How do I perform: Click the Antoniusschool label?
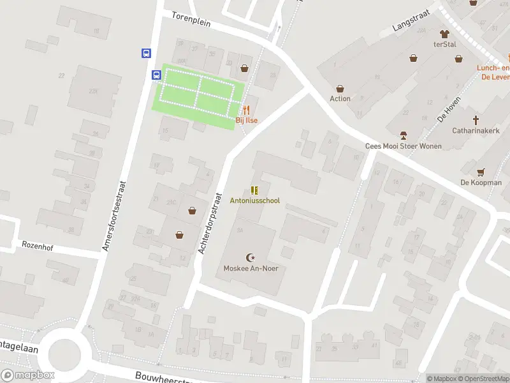tap(254, 200)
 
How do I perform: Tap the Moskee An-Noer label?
tap(251, 268)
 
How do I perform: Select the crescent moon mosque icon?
tap(251, 258)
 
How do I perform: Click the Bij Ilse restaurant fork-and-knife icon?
tap(246, 110)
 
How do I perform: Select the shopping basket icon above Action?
tap(340, 89)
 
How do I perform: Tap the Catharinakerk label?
tap(474, 130)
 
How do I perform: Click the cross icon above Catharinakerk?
tap(475, 119)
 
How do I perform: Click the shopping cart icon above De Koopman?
tap(481, 172)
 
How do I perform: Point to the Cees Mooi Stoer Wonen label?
tap(403, 146)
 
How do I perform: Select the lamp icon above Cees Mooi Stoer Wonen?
tap(403, 135)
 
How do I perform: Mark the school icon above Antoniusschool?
tap(255, 190)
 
